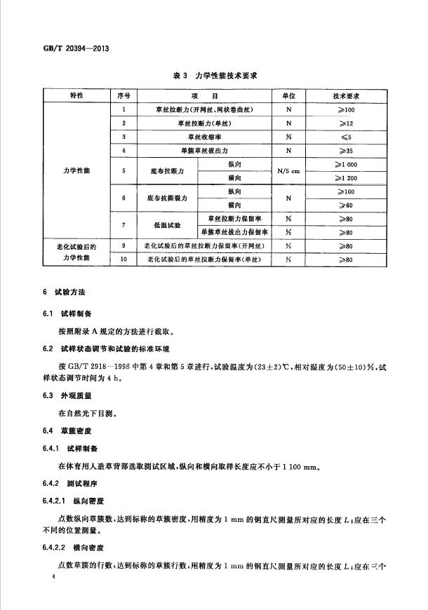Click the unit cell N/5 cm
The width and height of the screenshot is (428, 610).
[288, 170]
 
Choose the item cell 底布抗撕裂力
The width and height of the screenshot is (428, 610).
[168, 198]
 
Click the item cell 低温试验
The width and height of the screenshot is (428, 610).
[168, 225]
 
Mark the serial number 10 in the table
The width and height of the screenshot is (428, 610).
[124, 259]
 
